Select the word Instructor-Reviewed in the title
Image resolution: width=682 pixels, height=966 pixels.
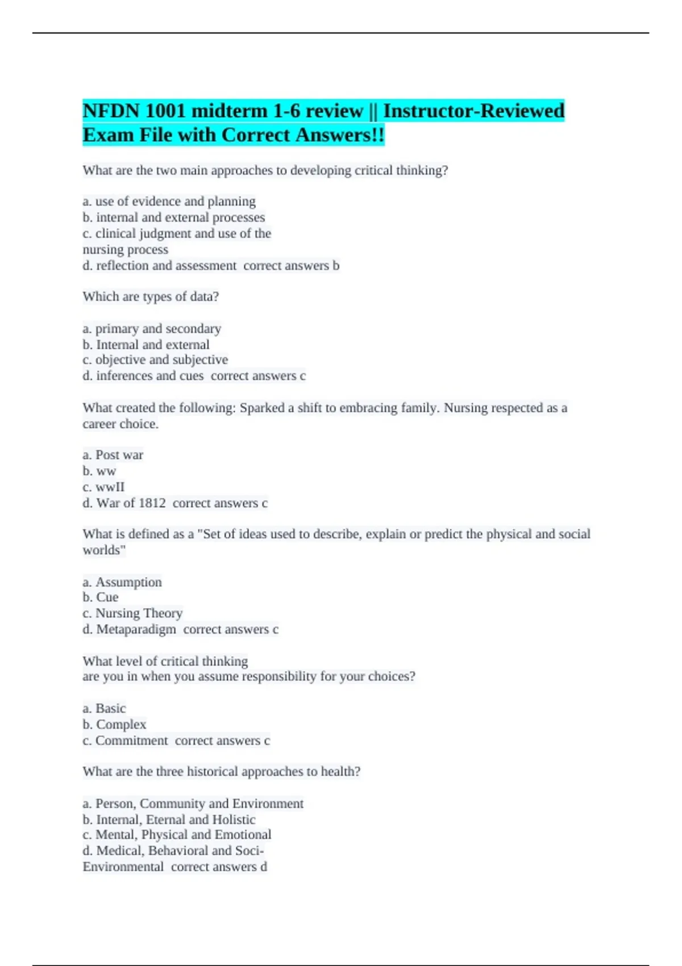pyautogui.click(x=473, y=111)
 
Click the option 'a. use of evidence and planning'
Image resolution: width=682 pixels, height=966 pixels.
pyautogui.click(x=169, y=201)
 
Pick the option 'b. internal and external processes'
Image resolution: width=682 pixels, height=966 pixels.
pyautogui.click(x=173, y=217)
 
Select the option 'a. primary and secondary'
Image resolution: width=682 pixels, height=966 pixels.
pyautogui.click(x=152, y=328)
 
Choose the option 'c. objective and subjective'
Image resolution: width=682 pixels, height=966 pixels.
pyautogui.click(x=155, y=360)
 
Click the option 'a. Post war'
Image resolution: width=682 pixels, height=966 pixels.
pyautogui.click(x=113, y=455)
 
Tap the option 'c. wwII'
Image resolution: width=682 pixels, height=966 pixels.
pyautogui.click(x=103, y=487)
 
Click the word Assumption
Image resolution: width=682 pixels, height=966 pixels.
pyautogui.click(x=128, y=582)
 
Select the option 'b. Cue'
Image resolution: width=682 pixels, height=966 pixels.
pyautogui.click(x=101, y=597)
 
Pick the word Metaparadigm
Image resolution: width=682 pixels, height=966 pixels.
pyautogui.click(x=136, y=629)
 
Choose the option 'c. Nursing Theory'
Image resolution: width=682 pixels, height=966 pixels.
pyautogui.click(x=132, y=613)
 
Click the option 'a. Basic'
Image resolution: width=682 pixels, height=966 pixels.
pyautogui.click(x=104, y=708)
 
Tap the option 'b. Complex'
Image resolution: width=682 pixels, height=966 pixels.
pyautogui.click(x=114, y=724)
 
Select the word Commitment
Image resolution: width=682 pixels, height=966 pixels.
pyautogui.click(x=132, y=740)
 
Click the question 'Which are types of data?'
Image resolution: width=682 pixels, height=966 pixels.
pyautogui.click(x=151, y=297)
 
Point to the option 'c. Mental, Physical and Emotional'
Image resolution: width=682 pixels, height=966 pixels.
pyautogui.click(x=177, y=835)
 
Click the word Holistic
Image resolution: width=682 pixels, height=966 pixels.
pyautogui.click(x=234, y=819)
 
